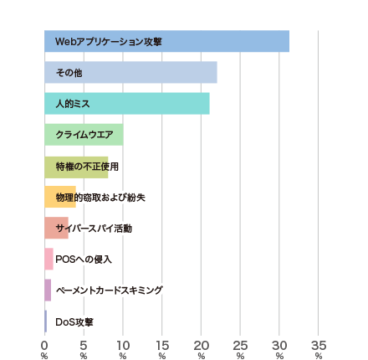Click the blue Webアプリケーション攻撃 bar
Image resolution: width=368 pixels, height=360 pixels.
point(166,41)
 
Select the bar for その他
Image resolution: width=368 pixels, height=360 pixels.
point(130,72)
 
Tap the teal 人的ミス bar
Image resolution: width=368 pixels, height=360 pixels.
point(127,104)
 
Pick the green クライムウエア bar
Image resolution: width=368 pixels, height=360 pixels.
point(84,135)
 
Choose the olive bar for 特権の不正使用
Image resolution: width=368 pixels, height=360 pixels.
point(76,167)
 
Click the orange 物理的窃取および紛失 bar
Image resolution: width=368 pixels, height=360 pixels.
point(60,197)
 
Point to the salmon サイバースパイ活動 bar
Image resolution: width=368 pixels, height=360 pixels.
point(56,228)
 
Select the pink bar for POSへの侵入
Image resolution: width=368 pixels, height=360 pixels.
point(49,259)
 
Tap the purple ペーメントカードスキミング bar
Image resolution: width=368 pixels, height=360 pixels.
point(48,290)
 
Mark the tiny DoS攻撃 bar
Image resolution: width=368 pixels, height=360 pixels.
point(45,321)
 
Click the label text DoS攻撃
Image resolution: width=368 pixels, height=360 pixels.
point(74,322)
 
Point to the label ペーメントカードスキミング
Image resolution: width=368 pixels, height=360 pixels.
point(109,291)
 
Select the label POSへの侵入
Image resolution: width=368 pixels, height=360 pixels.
point(84,260)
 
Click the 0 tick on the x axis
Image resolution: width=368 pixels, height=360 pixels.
point(44,346)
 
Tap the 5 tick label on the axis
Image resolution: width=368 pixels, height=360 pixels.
point(84,346)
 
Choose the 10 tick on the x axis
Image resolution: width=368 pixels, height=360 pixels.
point(123,346)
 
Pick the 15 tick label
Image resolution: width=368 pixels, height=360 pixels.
point(162,346)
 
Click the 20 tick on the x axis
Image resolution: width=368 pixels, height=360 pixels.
point(202,346)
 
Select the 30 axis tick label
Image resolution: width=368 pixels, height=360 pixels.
point(279,346)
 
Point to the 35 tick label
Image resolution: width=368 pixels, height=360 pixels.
point(319,346)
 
